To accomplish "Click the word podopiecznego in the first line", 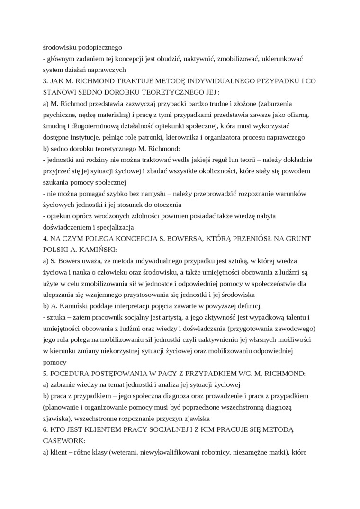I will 99,47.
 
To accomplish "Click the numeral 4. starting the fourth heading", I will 45,238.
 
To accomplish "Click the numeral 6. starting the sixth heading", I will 45,429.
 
